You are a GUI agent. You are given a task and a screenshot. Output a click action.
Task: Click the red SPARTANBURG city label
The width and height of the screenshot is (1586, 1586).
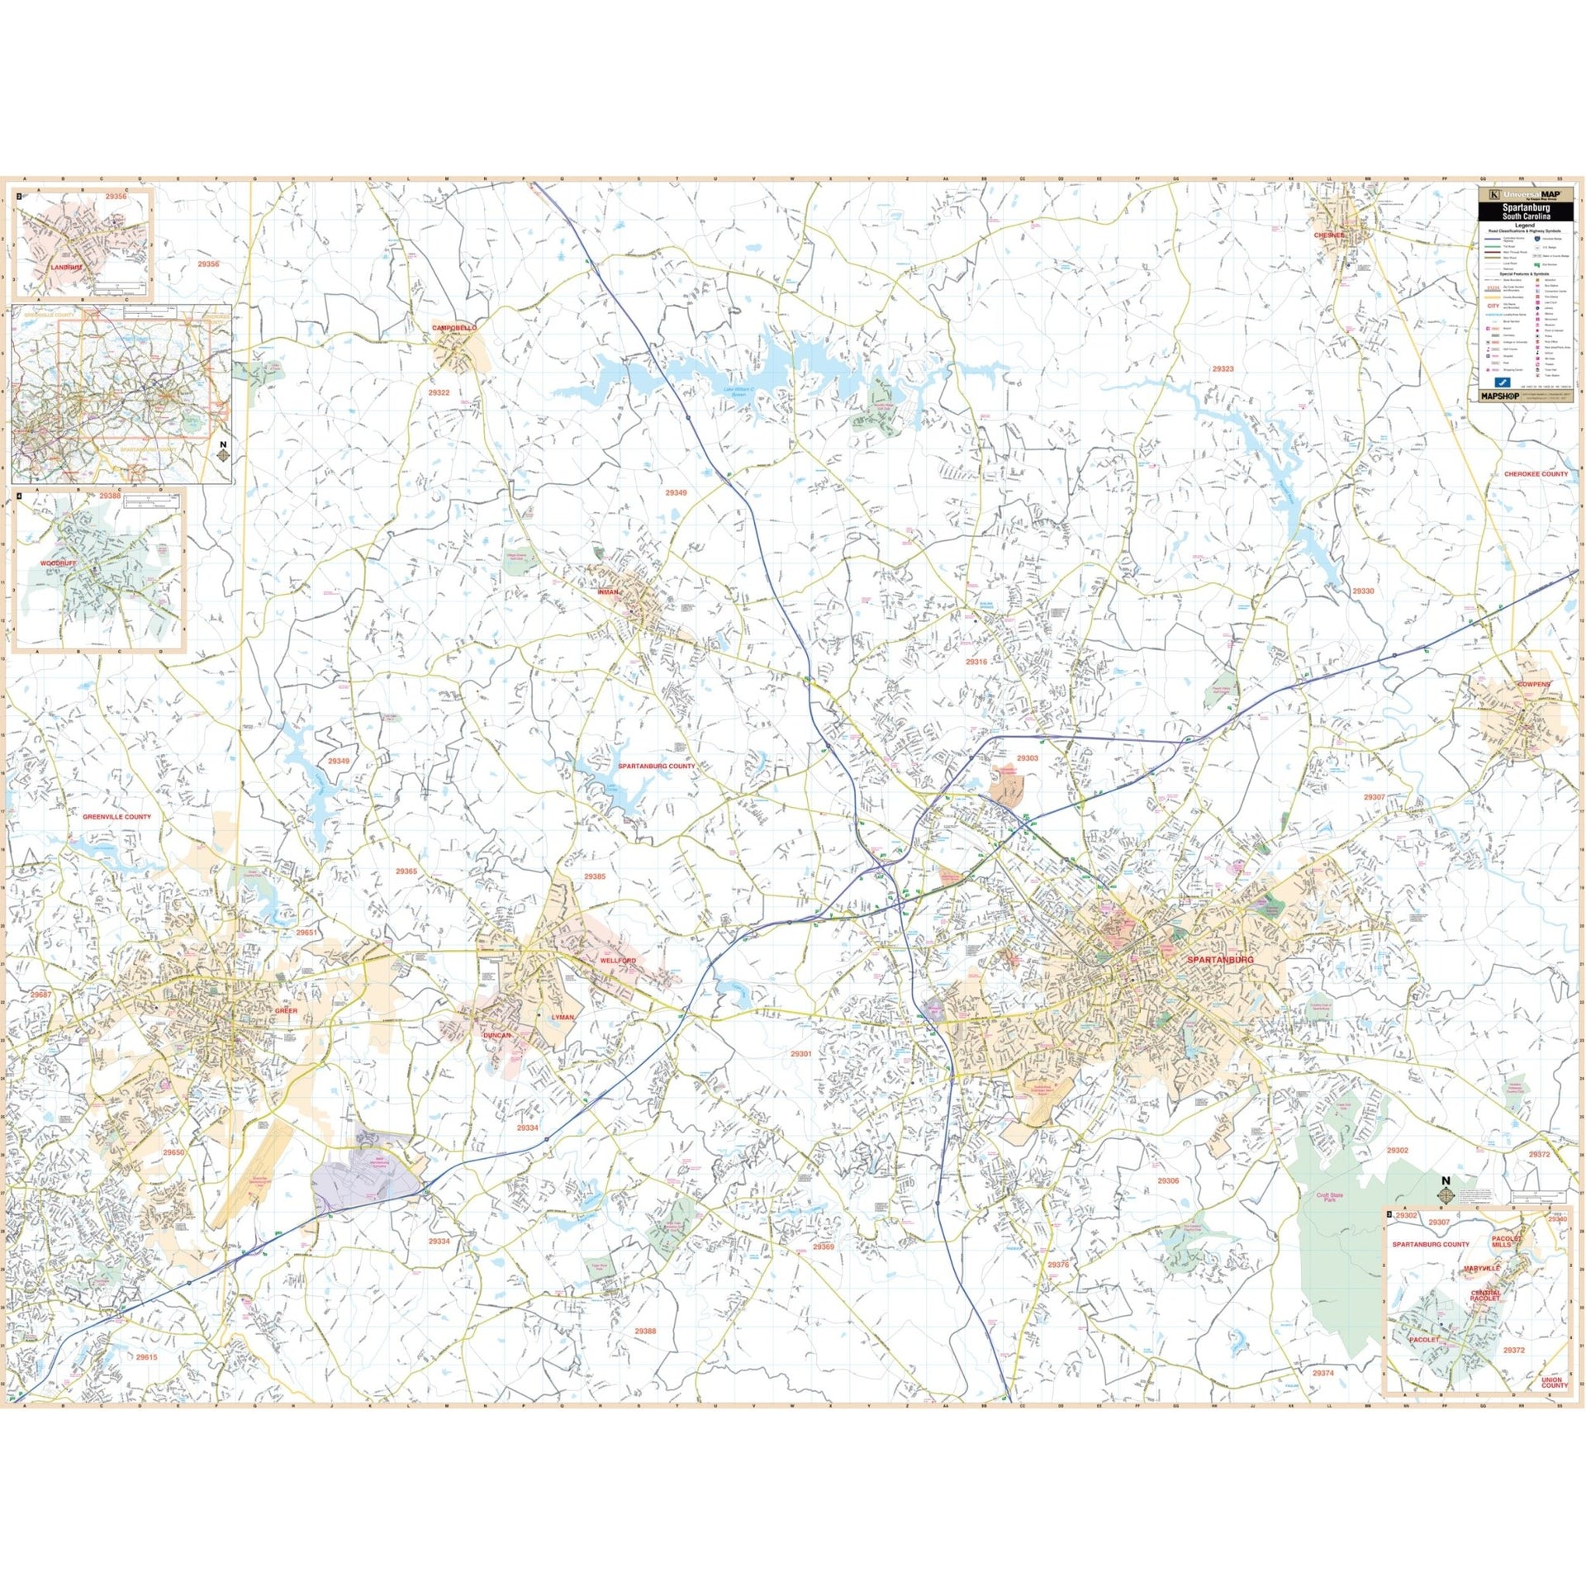(1219, 960)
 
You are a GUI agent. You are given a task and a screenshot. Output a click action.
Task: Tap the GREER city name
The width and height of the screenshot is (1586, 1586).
(285, 1010)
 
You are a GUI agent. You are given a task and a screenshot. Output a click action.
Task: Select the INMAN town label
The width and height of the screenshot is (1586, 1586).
(607, 592)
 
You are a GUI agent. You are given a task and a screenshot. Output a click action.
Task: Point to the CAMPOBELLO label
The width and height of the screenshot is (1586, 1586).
(454, 328)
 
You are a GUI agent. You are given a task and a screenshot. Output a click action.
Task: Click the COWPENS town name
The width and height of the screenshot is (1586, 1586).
(1533, 685)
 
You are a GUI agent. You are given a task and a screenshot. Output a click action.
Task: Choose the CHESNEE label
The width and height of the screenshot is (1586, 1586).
(1329, 235)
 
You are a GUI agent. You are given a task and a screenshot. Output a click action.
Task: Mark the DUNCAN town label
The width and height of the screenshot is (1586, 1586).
(497, 1035)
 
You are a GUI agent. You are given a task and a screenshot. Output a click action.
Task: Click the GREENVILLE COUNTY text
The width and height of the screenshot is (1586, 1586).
(116, 817)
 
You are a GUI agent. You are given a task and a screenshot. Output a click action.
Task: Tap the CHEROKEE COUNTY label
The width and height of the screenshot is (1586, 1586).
(1535, 474)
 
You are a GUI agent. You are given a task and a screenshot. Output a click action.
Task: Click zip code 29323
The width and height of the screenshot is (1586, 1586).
(1223, 369)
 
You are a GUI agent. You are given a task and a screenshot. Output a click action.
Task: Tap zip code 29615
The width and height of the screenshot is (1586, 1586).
(146, 1357)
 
